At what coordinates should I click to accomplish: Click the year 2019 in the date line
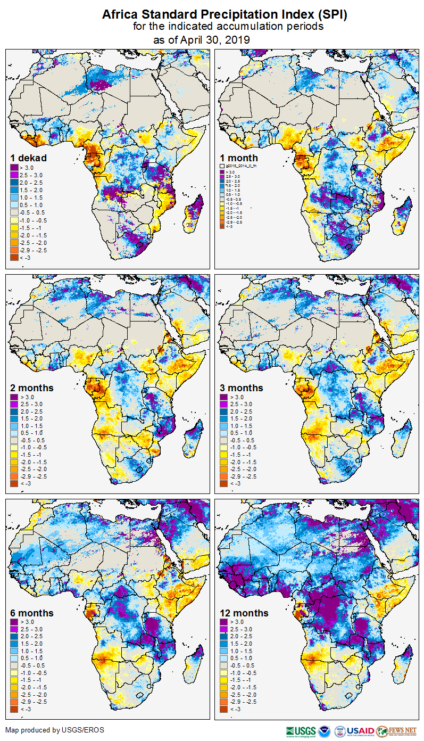pos(238,40)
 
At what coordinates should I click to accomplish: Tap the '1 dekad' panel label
pos(29,158)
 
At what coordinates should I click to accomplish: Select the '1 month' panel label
pos(239,158)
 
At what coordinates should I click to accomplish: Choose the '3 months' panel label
pos(242,388)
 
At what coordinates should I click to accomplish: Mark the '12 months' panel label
pos(244,613)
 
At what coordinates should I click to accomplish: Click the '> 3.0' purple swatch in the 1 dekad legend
pos(14,168)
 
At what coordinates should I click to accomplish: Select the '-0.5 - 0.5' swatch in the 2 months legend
pos(14,440)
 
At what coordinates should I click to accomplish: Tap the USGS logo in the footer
pos(301,731)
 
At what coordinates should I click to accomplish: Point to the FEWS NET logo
pos(396,731)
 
